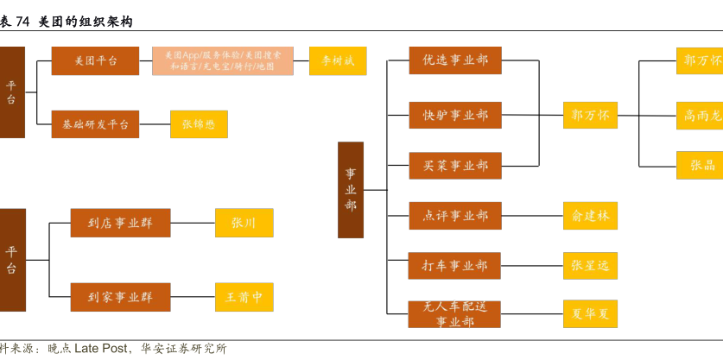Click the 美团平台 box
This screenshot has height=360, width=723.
click(95, 60)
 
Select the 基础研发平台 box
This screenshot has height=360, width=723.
click(95, 124)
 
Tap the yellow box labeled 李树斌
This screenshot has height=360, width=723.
click(338, 60)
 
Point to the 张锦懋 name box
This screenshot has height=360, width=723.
click(199, 124)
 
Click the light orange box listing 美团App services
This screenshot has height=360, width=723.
click(223, 60)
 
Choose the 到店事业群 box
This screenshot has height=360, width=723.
click(120, 223)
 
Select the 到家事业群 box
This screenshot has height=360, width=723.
click(120, 297)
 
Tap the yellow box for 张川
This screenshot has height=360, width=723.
click(244, 223)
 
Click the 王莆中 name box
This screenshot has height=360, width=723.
click(244, 297)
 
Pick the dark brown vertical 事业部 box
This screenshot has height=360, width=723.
click(350, 190)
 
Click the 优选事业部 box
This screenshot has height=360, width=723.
click(455, 60)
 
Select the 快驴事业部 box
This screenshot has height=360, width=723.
click(455, 115)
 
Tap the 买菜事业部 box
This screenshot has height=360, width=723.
click(455, 165)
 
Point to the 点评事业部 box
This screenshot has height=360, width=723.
click(455, 215)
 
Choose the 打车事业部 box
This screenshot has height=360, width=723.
click(455, 265)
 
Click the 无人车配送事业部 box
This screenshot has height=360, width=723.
click(455, 313)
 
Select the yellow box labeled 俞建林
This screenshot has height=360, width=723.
click(590, 215)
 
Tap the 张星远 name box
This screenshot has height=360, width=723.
click(590, 265)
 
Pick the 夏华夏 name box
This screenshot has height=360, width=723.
click(590, 313)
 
